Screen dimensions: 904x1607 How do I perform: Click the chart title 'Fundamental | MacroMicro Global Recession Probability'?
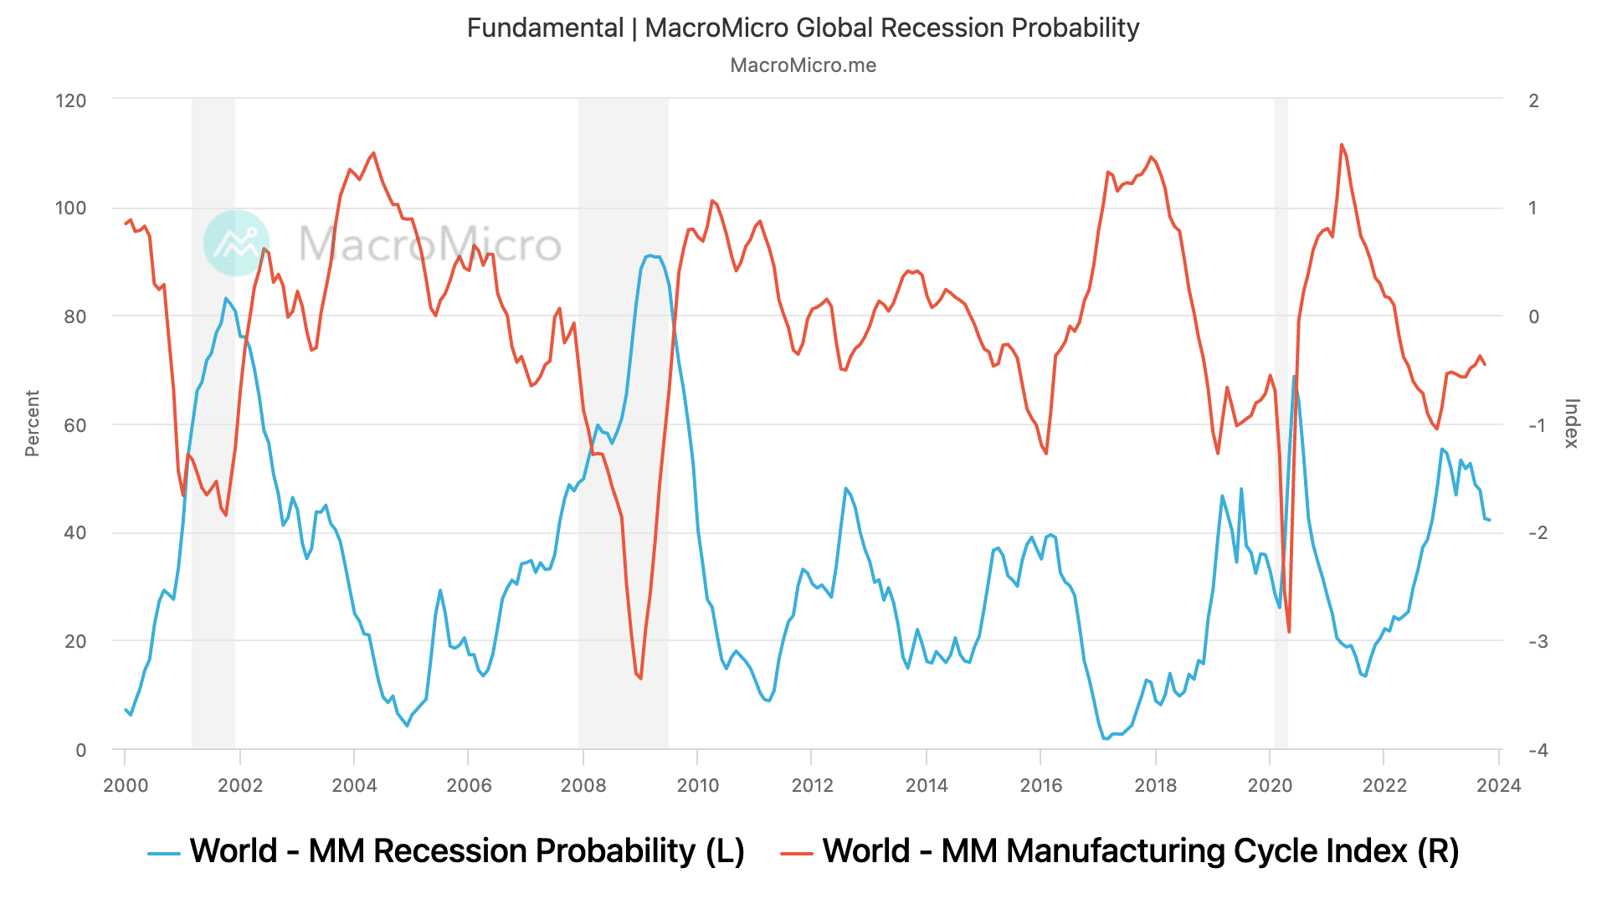pyautogui.click(x=803, y=28)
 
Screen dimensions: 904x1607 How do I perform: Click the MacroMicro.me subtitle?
pyautogui.click(x=803, y=65)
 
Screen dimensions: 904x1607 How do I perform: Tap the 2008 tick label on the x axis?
pyautogui.click(x=583, y=785)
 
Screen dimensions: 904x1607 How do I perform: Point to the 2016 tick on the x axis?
pyautogui.click(x=1041, y=785)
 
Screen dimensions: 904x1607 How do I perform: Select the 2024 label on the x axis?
pyautogui.click(x=1498, y=785)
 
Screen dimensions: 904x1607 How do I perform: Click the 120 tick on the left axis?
pyautogui.click(x=71, y=100)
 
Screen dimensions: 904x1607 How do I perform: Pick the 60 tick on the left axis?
pyautogui.click(x=74, y=425)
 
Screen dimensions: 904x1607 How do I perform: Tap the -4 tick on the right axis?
pyautogui.click(x=1538, y=750)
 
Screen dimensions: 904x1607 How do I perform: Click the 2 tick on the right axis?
pyautogui.click(x=1533, y=100)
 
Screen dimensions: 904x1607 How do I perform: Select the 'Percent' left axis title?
pyautogui.click(x=33, y=424)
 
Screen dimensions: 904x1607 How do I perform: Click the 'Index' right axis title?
pyautogui.click(x=1571, y=424)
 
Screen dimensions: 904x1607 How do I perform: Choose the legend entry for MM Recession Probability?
pyautogui.click(x=446, y=851)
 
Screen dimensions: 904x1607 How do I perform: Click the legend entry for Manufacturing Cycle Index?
pyautogui.click(x=1120, y=851)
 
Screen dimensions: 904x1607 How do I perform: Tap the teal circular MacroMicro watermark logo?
pyautogui.click(x=237, y=243)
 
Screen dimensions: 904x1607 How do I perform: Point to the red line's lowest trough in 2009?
pyautogui.click(x=640, y=678)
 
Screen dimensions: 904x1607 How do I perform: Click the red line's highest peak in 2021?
pyautogui.click(x=1341, y=145)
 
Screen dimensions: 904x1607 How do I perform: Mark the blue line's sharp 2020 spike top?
pyautogui.click(x=1294, y=377)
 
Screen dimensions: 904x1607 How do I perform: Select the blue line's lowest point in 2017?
pyautogui.click(x=1106, y=738)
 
